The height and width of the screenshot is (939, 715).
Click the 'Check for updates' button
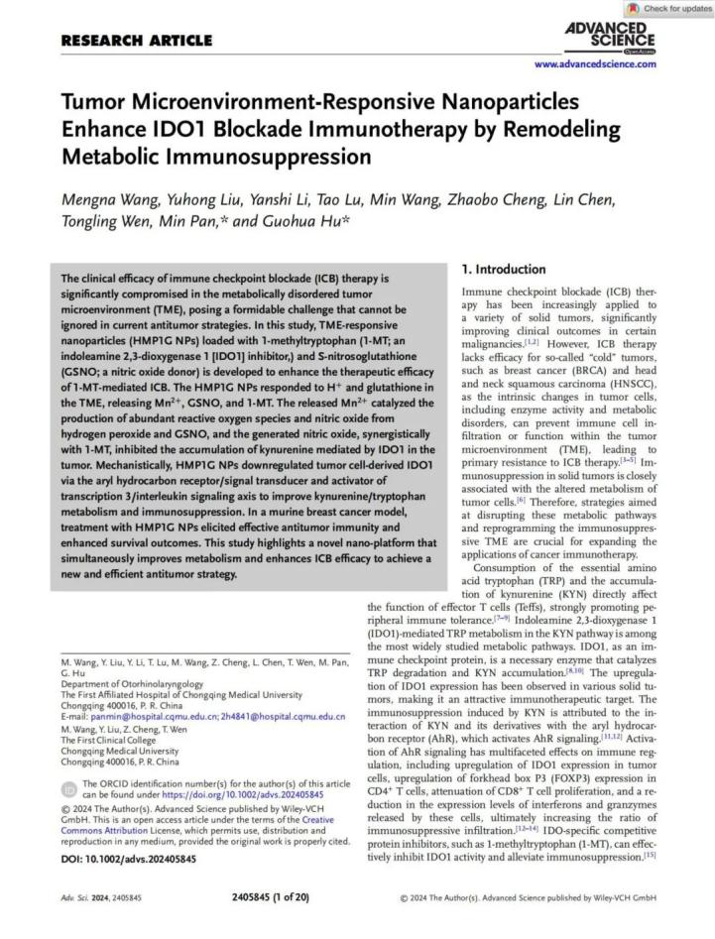coord(669,8)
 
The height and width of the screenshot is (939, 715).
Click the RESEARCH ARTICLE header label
coord(136,41)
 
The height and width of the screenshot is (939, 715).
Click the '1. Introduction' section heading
coord(504,269)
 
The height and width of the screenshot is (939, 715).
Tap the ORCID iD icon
coord(68,788)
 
